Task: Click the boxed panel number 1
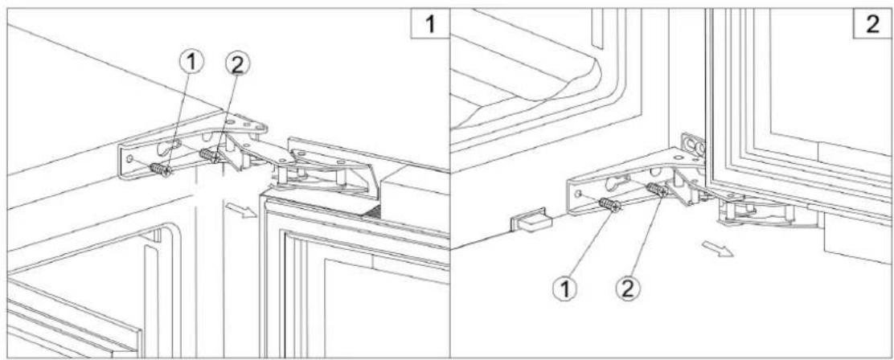coord(431,25)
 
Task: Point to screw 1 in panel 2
coord(610,205)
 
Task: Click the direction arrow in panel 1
coord(239,211)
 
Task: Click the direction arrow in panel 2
coord(718,246)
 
